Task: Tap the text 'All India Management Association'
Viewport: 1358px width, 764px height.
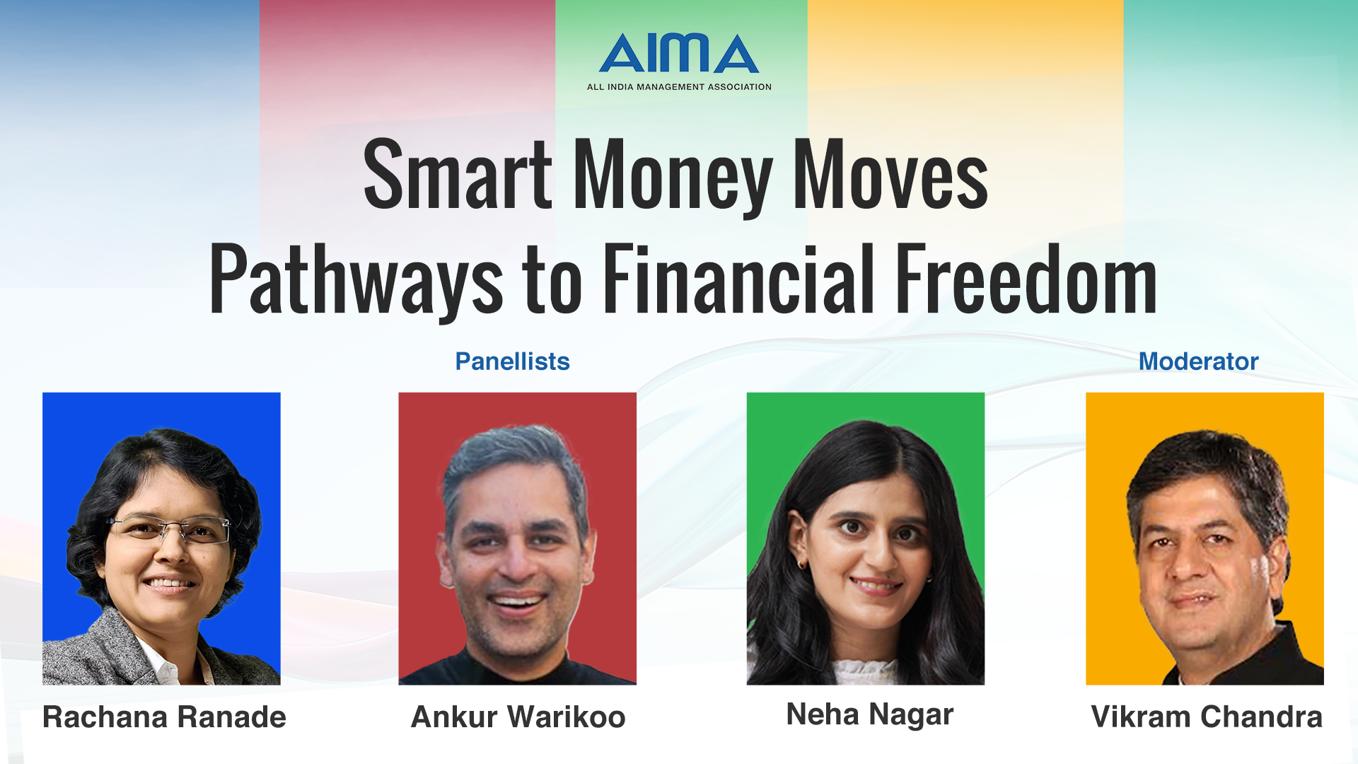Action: tap(679, 87)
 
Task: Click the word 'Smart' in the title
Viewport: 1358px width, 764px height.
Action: tap(457, 175)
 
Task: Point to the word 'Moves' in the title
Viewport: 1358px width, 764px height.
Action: tap(890, 175)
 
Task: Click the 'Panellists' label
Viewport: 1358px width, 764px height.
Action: tap(512, 361)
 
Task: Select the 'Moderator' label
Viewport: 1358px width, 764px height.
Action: tap(1198, 361)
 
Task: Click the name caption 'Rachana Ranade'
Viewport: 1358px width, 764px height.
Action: tap(164, 717)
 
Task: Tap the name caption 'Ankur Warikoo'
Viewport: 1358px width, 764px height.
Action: tap(518, 717)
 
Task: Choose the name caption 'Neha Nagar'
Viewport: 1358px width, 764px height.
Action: tap(870, 714)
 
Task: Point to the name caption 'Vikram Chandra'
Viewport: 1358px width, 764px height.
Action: tap(1207, 717)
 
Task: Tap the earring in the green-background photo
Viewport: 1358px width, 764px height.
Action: tap(802, 565)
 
